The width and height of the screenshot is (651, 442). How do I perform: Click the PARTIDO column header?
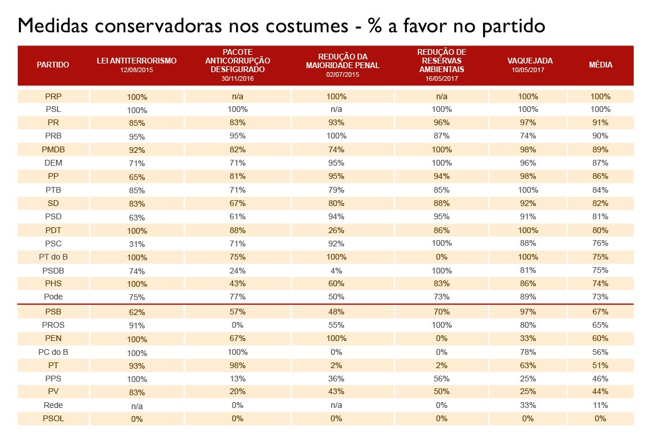pos(53,65)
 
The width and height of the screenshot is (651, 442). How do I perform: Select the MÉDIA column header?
pos(600,65)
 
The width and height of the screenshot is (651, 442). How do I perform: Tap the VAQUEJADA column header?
pos(530,61)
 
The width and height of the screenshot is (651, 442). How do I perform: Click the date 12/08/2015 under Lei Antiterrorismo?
pos(137,70)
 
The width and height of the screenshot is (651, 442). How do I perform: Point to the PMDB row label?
pos(53,150)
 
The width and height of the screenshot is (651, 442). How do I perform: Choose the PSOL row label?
pos(53,418)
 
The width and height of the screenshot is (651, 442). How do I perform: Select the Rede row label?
pos(53,405)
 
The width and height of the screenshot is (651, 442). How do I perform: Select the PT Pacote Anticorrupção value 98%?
pos(237,365)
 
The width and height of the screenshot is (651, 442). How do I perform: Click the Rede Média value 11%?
pos(600,405)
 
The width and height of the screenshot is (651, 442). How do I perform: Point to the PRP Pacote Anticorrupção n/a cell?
pos(237,96)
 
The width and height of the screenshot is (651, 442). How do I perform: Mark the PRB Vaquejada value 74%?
pos(528,136)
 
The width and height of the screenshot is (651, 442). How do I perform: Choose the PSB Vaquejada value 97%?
pos(528,312)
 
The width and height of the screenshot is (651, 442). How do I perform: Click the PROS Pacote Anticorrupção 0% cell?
pos(237,325)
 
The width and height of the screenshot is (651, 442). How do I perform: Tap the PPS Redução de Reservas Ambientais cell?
pos(442,379)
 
